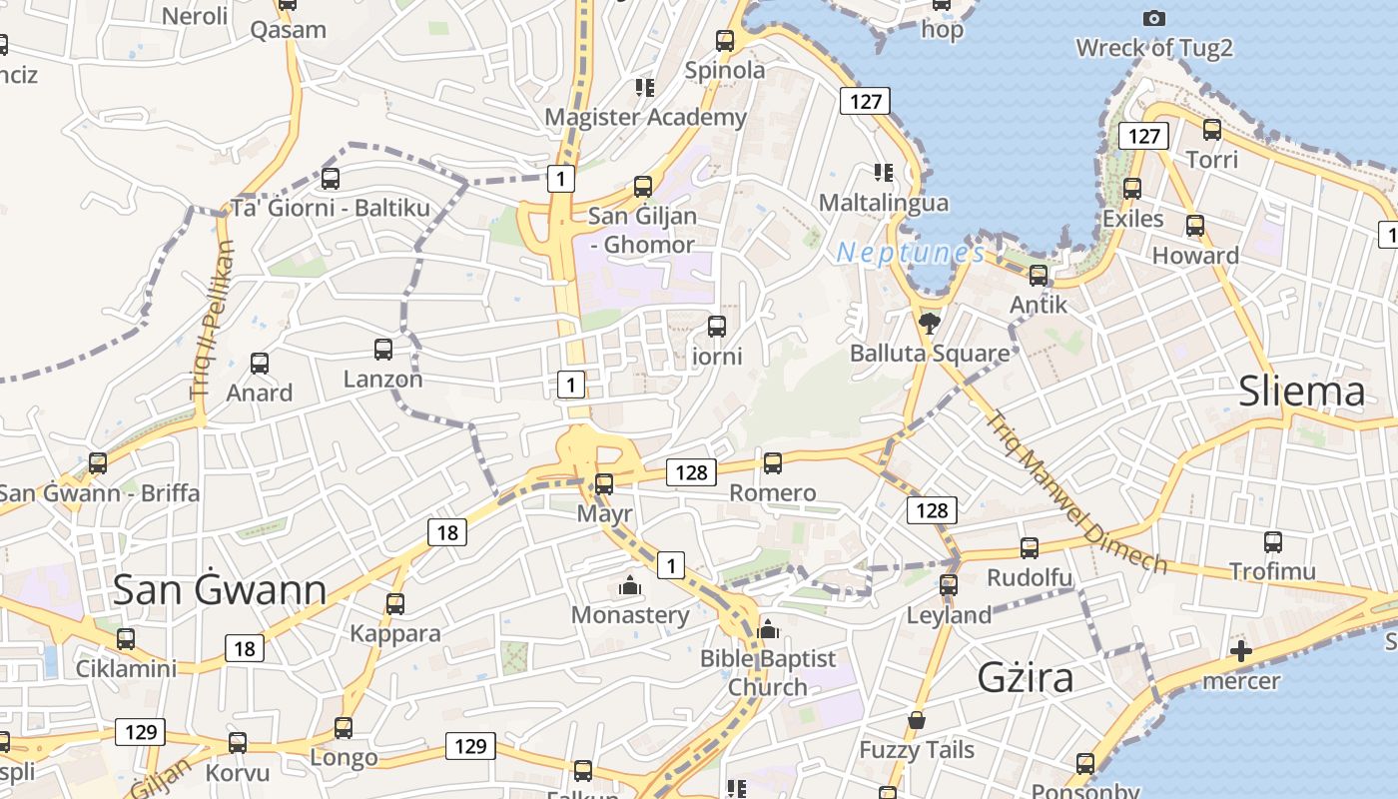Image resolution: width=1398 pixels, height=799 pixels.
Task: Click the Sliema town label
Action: pyautogui.click(x=1301, y=392)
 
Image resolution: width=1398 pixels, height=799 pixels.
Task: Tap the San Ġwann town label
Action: pyautogui.click(x=219, y=590)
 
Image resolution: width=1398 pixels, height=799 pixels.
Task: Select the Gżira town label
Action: pyautogui.click(x=1026, y=678)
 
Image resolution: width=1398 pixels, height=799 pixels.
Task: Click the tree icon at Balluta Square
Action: pyautogui.click(x=930, y=323)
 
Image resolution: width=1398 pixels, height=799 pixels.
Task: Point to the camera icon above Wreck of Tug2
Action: pyautogui.click(x=1153, y=18)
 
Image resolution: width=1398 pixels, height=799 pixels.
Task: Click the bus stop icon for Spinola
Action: pyautogui.click(x=725, y=41)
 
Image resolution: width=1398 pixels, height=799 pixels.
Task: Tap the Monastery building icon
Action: pyautogui.click(x=629, y=585)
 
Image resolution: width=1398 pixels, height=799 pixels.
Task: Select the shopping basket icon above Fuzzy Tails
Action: pyautogui.click(x=916, y=720)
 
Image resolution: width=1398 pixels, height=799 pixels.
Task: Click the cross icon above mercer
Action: pyautogui.click(x=1240, y=651)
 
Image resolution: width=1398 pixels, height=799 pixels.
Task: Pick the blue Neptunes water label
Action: pyautogui.click(x=910, y=253)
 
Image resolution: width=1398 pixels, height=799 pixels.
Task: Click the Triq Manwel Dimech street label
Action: pyautogui.click(x=1075, y=491)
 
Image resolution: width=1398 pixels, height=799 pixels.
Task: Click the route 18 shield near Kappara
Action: pyautogui.click(x=447, y=532)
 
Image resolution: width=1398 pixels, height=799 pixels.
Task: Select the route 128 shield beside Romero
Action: pyautogui.click(x=692, y=472)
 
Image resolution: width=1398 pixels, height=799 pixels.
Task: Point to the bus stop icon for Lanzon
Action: pyautogui.click(x=382, y=350)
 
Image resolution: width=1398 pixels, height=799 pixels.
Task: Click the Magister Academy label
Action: pyautogui.click(x=645, y=117)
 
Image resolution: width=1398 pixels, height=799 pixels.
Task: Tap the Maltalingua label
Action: pyautogui.click(x=883, y=203)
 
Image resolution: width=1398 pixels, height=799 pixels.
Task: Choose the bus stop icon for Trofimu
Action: pyautogui.click(x=1272, y=542)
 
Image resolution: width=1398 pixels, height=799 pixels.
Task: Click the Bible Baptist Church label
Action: pyautogui.click(x=767, y=672)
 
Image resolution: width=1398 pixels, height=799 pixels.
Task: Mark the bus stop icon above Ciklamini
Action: pyautogui.click(x=126, y=639)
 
